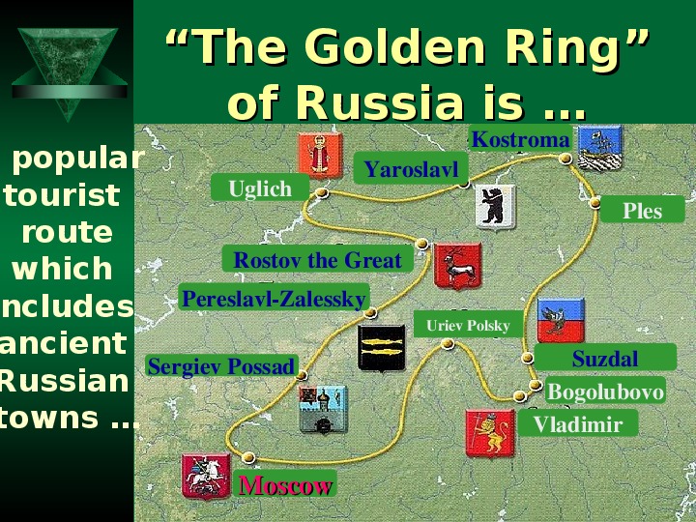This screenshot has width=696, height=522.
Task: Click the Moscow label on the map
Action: click(x=285, y=484)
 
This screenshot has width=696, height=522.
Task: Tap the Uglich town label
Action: click(x=260, y=188)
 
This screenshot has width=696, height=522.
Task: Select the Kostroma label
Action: click(x=520, y=139)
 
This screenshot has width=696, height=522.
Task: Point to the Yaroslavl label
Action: click(x=411, y=168)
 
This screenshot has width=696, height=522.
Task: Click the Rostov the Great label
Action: click(x=317, y=259)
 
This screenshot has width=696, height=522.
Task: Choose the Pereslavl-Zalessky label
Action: click(x=275, y=298)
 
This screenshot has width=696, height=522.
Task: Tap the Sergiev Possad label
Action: click(x=221, y=366)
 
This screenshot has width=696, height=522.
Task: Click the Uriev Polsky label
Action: click(x=468, y=325)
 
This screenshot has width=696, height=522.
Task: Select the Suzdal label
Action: click(x=605, y=358)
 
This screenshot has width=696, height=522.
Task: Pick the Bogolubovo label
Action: click(x=605, y=391)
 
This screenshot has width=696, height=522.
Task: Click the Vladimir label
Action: click(x=577, y=423)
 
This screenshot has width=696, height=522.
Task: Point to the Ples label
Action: click(x=642, y=210)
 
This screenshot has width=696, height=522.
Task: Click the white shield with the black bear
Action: click(x=495, y=207)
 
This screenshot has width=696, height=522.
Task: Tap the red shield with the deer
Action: click(x=457, y=266)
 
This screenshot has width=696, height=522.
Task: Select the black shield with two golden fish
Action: click(x=381, y=348)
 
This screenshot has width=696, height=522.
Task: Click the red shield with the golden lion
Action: click(x=490, y=433)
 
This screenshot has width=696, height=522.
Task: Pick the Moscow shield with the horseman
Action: click(x=206, y=476)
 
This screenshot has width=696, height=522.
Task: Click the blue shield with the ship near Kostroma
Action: click(x=600, y=147)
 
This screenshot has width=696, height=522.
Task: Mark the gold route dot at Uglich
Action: click(x=321, y=192)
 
